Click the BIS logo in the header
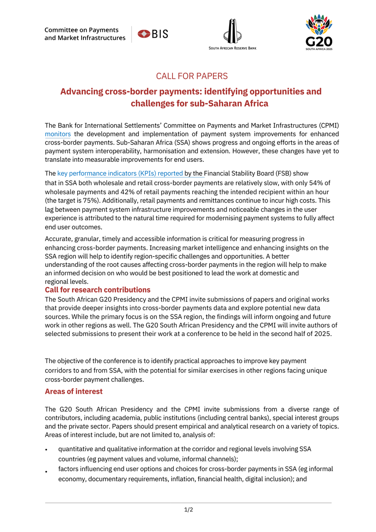tap(153, 34)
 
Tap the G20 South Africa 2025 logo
tap(319, 32)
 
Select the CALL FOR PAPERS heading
tap(192, 76)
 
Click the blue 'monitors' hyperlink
tap(58, 134)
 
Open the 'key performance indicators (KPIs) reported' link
tap(121, 173)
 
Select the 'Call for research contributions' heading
tap(98, 289)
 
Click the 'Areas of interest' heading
tap(74, 391)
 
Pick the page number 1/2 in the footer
tap(188, 510)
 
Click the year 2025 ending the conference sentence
tap(322, 334)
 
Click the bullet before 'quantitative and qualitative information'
tap(46, 450)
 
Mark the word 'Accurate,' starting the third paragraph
tap(60, 239)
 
